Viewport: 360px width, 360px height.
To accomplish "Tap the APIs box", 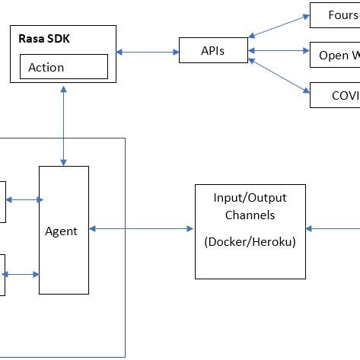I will [212, 51].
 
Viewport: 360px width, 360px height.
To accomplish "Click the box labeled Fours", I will [334, 14].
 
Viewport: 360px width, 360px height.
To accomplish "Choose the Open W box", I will [334, 55].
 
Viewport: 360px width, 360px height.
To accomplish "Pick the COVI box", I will [334, 95].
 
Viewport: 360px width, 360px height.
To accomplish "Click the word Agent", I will [61, 231].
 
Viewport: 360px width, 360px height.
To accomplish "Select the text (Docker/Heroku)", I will [250, 242].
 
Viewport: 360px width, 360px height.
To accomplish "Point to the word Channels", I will [250, 215].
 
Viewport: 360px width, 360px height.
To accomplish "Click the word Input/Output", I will [250, 198].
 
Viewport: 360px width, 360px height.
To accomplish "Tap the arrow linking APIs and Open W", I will [279, 51].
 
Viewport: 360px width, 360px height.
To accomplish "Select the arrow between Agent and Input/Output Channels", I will [141, 228].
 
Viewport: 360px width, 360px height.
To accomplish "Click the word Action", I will [46, 67].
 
